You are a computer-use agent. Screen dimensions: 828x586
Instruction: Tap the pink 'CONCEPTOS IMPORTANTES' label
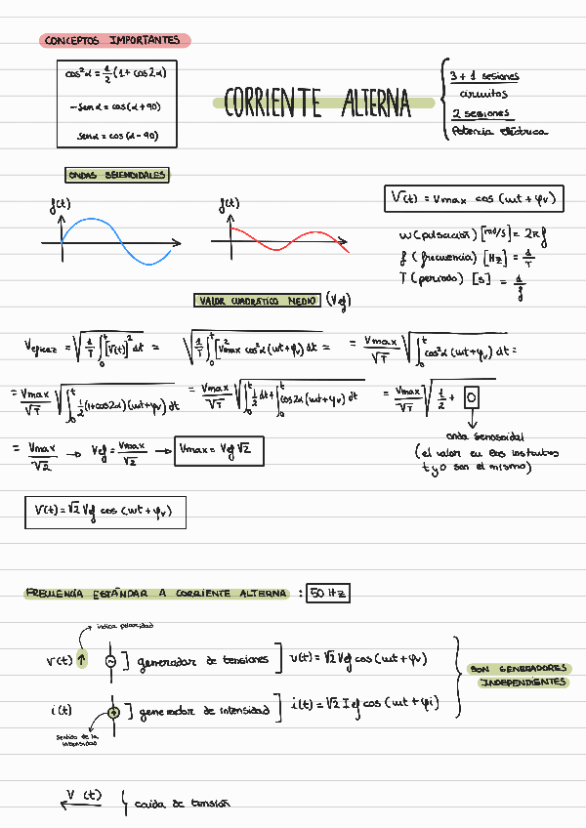(115, 41)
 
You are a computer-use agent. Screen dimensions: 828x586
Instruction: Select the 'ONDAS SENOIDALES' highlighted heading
(117, 176)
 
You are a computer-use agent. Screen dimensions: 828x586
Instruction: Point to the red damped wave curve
(283, 239)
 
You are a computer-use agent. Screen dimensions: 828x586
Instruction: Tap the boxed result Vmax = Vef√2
(219, 450)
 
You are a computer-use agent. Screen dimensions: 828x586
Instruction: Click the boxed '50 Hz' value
(327, 593)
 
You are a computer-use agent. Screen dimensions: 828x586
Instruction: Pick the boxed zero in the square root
(472, 398)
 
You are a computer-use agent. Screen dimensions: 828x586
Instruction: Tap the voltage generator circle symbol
(111, 661)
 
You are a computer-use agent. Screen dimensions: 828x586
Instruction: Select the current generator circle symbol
(113, 712)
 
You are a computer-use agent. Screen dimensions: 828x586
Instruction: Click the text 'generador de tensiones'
(203, 660)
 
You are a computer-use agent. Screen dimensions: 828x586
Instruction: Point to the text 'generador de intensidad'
(204, 711)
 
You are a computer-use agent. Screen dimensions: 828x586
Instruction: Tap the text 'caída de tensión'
(182, 804)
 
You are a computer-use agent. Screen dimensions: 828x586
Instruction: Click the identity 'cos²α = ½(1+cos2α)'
(116, 72)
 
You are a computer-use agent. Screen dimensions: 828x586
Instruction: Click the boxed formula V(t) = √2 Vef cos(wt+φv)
(105, 511)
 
